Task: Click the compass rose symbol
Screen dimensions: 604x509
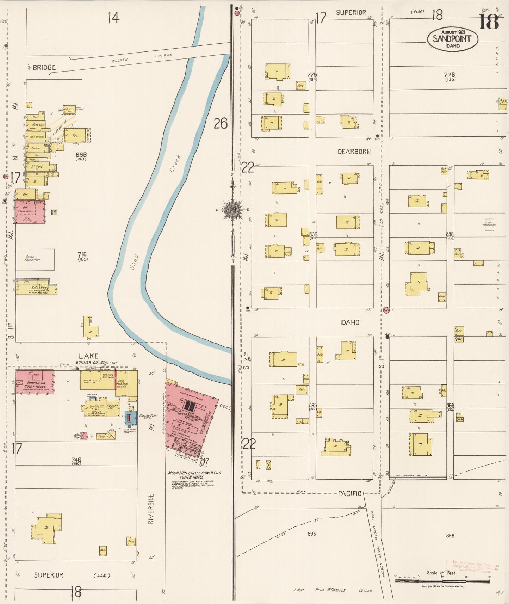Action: [232, 210]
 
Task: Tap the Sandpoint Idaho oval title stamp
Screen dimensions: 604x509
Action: [452, 39]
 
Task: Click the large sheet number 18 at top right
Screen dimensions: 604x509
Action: [489, 22]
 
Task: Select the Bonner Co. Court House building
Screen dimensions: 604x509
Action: [35, 382]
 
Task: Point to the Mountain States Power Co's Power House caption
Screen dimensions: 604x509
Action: [194, 475]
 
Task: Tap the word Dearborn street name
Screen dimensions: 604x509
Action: [354, 152]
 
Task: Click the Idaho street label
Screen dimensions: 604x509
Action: [349, 322]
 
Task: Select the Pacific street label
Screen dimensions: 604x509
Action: [349, 493]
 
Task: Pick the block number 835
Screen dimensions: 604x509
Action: [313, 234]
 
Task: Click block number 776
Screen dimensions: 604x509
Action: [449, 75]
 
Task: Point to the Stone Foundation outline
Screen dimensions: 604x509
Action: [35, 259]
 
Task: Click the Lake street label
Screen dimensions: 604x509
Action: [88, 356]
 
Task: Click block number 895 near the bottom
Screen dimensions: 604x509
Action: [311, 534]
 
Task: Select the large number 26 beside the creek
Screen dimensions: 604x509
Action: [221, 123]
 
